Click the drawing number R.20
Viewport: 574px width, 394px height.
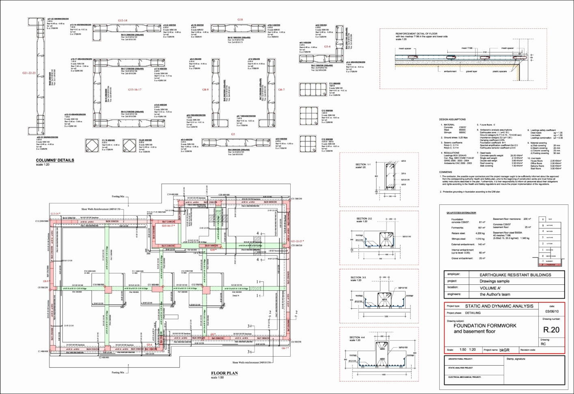(x=551, y=330)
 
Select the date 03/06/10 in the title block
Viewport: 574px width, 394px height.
(x=552, y=312)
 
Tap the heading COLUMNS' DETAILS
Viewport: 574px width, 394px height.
(x=55, y=160)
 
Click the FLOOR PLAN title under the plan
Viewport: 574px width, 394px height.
(x=224, y=373)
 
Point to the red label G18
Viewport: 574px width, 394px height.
(x=240, y=19)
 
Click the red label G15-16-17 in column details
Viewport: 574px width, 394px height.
(x=135, y=90)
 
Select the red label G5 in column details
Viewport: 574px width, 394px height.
(x=233, y=134)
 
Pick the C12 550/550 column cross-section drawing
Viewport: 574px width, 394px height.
(x=309, y=117)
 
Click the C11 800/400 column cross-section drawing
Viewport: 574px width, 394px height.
(x=313, y=89)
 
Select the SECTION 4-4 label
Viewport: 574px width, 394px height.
(x=357, y=337)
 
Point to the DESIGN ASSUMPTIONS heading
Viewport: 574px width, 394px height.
(x=452, y=119)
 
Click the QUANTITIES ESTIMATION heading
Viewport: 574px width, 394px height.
(x=461, y=212)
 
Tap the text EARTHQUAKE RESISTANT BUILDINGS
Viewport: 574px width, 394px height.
(x=515, y=275)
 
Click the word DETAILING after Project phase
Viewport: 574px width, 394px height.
(x=473, y=313)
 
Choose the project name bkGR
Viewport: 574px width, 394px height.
(x=504, y=350)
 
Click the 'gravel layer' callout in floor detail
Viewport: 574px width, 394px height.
(x=471, y=71)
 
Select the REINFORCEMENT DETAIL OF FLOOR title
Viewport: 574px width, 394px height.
(x=416, y=34)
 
